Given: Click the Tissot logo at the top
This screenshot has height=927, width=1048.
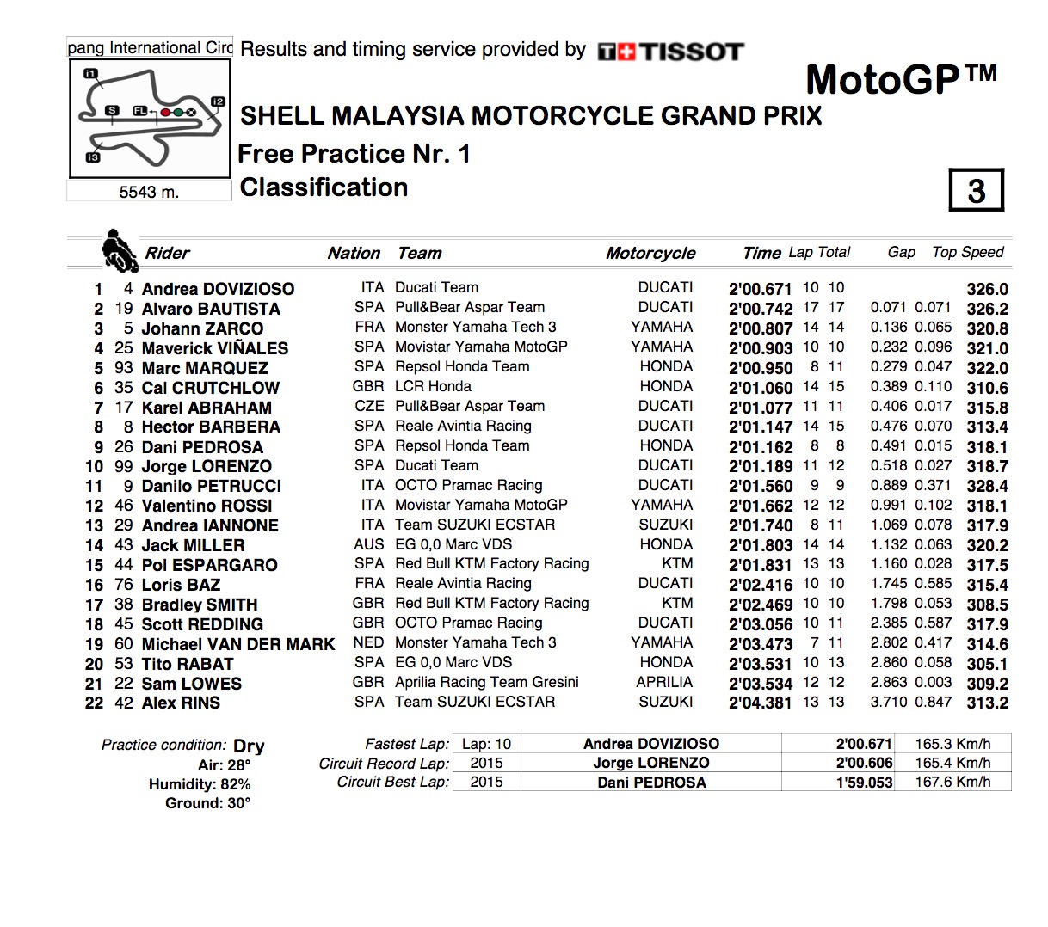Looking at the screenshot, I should (x=670, y=52).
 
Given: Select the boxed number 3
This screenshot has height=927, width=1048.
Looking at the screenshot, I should (x=976, y=190).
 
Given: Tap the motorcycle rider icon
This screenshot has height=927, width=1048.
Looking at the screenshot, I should (x=118, y=250).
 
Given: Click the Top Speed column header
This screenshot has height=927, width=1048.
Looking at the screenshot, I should (x=967, y=252).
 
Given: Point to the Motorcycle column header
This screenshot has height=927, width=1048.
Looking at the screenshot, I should (x=650, y=253).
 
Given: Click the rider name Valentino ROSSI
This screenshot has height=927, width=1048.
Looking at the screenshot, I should (x=207, y=506).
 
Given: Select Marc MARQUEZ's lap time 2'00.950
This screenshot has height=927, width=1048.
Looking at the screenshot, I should (x=761, y=368).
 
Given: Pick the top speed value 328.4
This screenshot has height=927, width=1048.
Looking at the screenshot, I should (x=987, y=486).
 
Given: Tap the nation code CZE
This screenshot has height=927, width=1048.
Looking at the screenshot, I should (x=369, y=406).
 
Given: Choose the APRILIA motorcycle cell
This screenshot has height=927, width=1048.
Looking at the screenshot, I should (x=663, y=682).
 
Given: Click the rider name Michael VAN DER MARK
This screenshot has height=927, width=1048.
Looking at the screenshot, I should (x=237, y=644).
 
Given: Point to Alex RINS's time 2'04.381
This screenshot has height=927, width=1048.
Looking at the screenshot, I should (x=761, y=703).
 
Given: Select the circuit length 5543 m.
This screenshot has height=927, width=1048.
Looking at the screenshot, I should (x=149, y=192).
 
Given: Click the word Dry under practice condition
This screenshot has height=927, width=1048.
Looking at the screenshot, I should (x=249, y=746).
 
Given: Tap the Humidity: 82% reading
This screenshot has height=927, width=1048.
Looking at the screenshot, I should (x=200, y=784).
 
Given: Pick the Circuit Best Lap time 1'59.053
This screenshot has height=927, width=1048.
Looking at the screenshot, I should (x=864, y=783).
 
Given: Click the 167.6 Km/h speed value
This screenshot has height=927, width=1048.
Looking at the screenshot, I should (x=952, y=783).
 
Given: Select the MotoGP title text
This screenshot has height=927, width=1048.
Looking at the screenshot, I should (x=900, y=81).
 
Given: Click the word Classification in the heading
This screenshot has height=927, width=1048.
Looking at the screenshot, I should (x=324, y=187).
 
